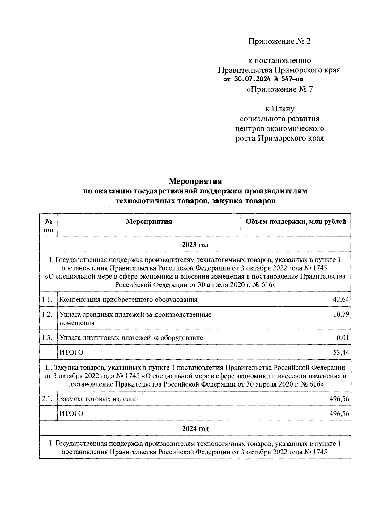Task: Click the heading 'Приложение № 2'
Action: [279, 41]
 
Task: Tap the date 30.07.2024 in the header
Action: [248, 79]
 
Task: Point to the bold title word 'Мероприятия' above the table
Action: [195, 181]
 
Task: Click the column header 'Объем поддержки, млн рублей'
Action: [296, 222]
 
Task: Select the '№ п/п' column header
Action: [48, 225]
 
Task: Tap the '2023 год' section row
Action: [195, 245]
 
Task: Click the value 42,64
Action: [341, 299]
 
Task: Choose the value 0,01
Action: [343, 338]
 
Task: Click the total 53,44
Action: [341, 353]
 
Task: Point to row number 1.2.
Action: [47, 314]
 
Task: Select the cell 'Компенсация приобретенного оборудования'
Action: [128, 300]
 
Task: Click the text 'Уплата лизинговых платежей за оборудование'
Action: [131, 338]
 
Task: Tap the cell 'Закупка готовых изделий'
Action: [99, 399]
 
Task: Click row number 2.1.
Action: [47, 399]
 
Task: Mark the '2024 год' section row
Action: [195, 429]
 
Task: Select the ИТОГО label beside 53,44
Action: [71, 353]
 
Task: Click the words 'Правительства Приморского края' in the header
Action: [279, 70]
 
